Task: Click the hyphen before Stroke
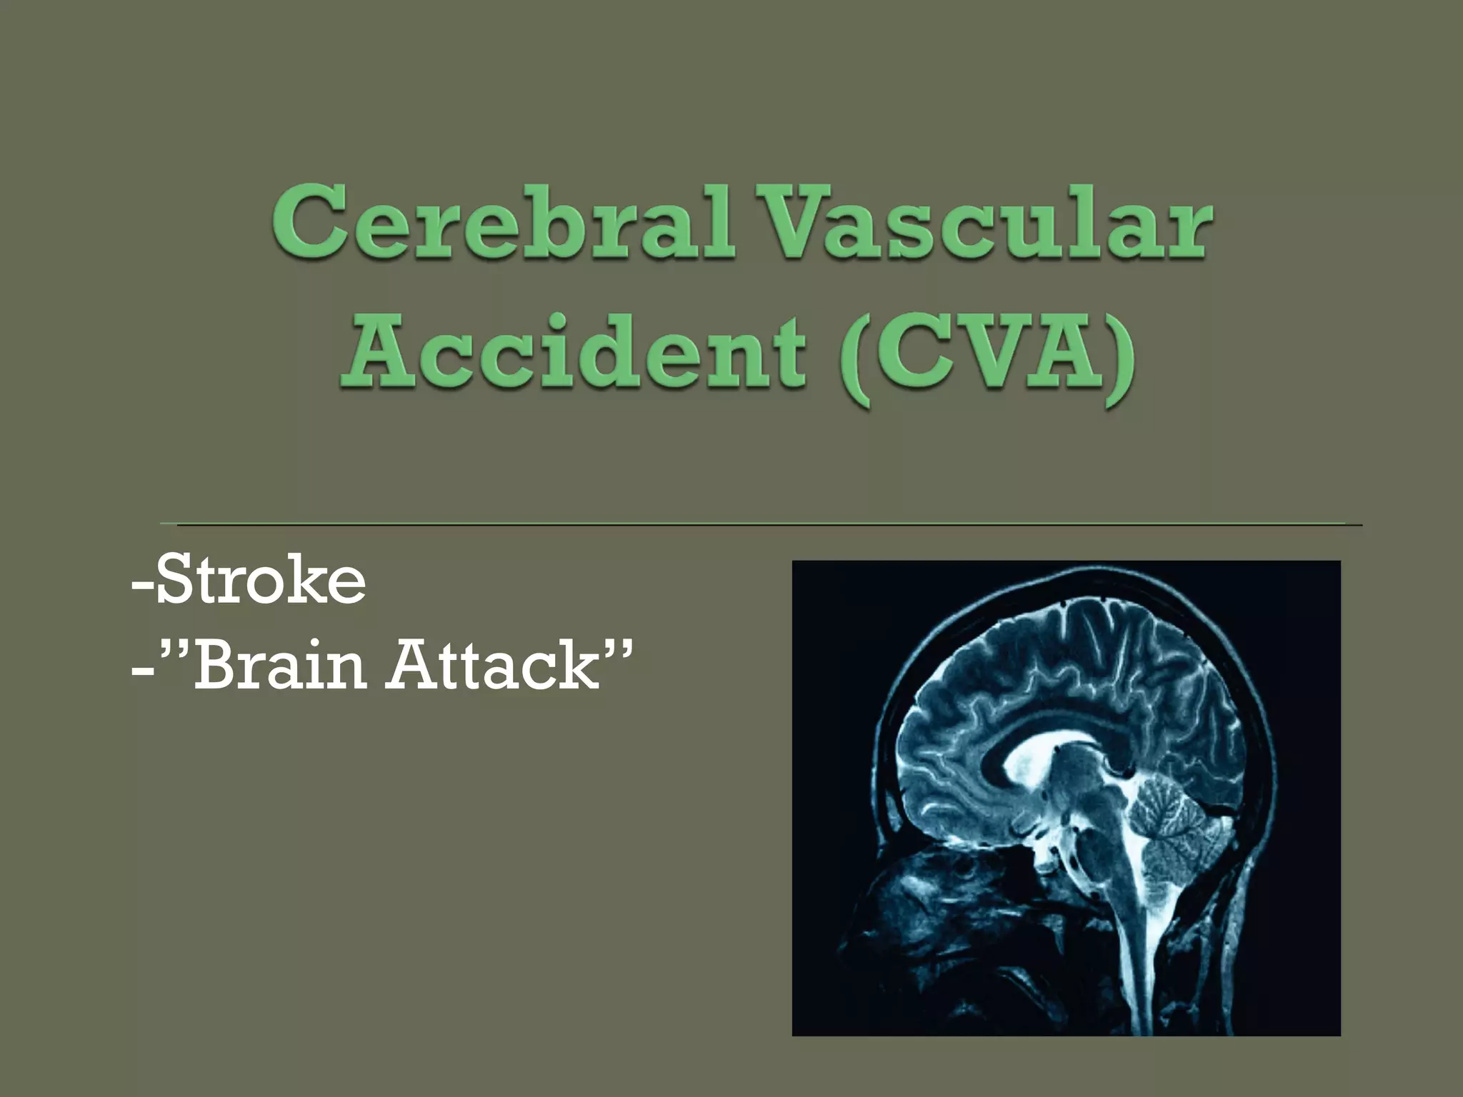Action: [141, 586]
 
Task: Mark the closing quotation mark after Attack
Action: [617, 646]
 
